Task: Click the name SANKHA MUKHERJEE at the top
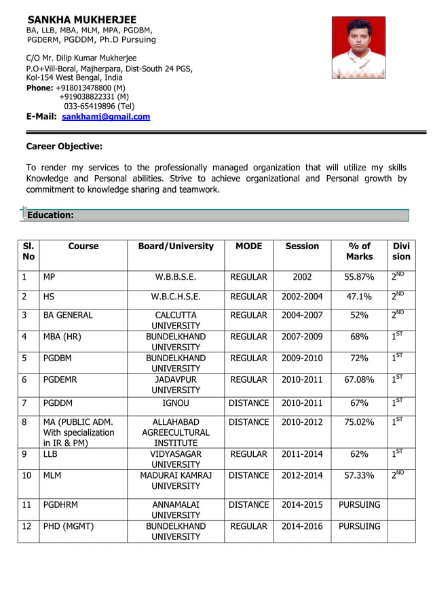tap(81, 20)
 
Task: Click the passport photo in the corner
tap(358, 48)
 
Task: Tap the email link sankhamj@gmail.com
tap(106, 117)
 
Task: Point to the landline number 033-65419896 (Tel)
tap(99, 106)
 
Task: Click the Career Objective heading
tap(64, 146)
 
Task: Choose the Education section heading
tap(50, 215)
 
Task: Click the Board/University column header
tap(176, 246)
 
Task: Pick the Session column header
tap(302, 246)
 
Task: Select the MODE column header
tap(249, 246)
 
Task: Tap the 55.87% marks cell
tap(359, 277)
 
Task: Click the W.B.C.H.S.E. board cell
tap(176, 297)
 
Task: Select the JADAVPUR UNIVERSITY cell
tap(176, 385)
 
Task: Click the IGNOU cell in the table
tap(176, 403)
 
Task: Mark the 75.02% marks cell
tap(359, 422)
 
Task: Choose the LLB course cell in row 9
tap(52, 454)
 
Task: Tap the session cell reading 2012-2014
tap(302, 475)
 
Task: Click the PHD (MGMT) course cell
tap(69, 526)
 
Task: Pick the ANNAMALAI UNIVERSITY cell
tap(176, 510)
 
